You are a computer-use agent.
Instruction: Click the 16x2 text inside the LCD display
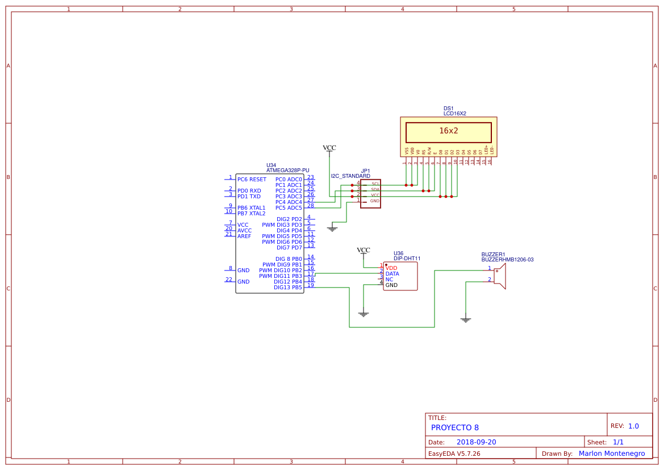click(448, 131)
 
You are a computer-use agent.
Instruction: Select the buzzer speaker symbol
click(499, 276)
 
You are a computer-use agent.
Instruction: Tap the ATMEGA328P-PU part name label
click(287, 170)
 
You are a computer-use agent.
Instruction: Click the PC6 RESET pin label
click(252, 180)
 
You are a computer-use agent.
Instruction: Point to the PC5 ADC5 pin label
click(289, 208)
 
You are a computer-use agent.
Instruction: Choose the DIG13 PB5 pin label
click(287, 288)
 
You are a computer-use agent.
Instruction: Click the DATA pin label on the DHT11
click(392, 274)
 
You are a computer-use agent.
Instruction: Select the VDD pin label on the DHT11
click(391, 268)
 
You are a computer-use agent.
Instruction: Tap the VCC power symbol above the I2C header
click(329, 148)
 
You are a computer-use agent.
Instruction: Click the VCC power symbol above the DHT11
click(364, 251)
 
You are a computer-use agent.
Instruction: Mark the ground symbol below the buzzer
click(466, 320)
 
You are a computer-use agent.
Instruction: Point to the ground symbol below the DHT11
click(364, 314)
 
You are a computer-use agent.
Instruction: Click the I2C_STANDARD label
click(350, 177)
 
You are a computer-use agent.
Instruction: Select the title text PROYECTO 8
click(454, 427)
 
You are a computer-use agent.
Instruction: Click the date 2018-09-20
click(476, 442)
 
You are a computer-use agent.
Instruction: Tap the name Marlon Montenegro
click(611, 454)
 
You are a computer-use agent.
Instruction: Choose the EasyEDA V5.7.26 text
click(454, 454)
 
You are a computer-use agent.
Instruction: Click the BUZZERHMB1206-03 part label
click(507, 260)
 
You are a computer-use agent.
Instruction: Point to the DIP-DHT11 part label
click(407, 259)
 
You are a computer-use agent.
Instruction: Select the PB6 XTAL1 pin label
click(251, 208)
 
